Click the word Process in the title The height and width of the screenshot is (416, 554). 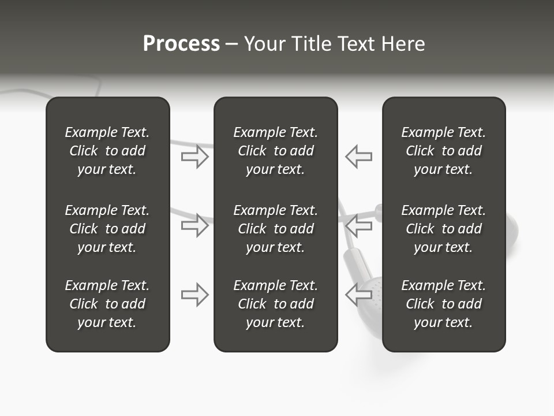pos(181,44)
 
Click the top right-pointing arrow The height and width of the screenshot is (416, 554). pos(194,157)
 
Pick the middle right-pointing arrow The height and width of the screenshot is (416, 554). pos(194,225)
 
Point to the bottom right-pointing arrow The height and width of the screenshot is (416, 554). pos(194,294)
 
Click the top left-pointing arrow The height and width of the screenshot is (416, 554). pos(359,157)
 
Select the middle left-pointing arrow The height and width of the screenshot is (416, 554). pos(359,225)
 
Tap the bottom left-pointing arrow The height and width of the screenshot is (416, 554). pos(359,294)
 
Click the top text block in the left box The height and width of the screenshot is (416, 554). pos(107,151)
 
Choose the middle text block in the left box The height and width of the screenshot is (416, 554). pos(107,229)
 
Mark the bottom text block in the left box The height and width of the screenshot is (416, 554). pos(107,304)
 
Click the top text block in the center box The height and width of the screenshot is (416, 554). pos(275,151)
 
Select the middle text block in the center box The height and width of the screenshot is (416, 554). pos(275,229)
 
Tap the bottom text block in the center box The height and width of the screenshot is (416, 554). pos(275,304)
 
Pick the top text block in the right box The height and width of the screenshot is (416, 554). pos(443,151)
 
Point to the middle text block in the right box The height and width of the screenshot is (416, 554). pos(443,229)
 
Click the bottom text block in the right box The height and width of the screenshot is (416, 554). pos(443,304)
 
